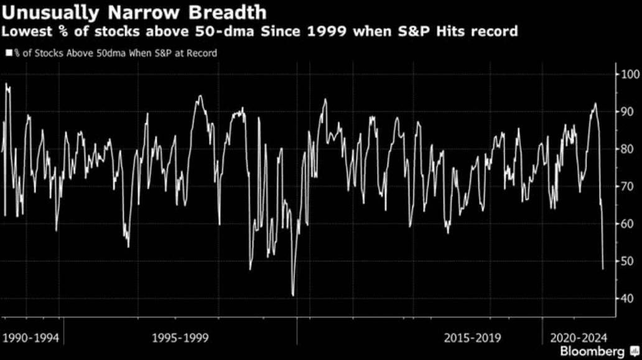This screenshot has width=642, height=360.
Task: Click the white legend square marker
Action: (8, 53)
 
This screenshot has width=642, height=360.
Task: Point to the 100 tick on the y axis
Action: (629, 75)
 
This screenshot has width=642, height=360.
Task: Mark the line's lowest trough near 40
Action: (292, 295)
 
